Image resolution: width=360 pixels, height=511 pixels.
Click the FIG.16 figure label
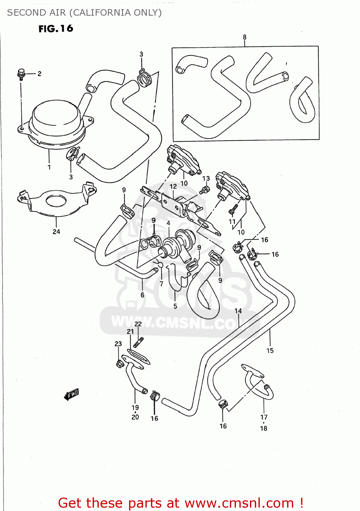[x=56, y=29]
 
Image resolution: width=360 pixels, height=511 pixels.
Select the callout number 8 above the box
[x=245, y=37]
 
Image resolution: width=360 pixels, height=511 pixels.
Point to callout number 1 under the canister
[x=49, y=167]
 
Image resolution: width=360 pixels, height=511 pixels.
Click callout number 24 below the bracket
[x=56, y=232]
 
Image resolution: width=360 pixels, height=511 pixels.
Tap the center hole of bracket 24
[x=56, y=201]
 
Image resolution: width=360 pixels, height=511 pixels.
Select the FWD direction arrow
[x=72, y=394]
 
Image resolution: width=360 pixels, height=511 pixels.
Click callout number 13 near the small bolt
[x=206, y=179]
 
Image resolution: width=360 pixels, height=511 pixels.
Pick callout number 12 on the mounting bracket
[x=173, y=187]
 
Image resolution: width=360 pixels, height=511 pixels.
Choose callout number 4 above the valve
[x=168, y=223]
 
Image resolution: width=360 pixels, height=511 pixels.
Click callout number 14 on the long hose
[x=238, y=311]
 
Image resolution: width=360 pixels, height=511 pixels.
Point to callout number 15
[x=270, y=351]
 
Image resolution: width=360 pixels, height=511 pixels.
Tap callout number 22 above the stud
[x=138, y=324]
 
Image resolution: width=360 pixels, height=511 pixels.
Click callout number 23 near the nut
[x=118, y=343]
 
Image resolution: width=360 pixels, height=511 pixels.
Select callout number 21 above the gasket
[x=130, y=332]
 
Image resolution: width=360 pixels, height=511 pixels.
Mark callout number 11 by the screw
[x=232, y=221]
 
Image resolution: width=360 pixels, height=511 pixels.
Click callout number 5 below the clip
[x=175, y=306]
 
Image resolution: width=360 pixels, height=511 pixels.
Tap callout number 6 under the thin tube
[x=142, y=295]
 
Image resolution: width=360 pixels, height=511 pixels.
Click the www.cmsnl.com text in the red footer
[x=239, y=502]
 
